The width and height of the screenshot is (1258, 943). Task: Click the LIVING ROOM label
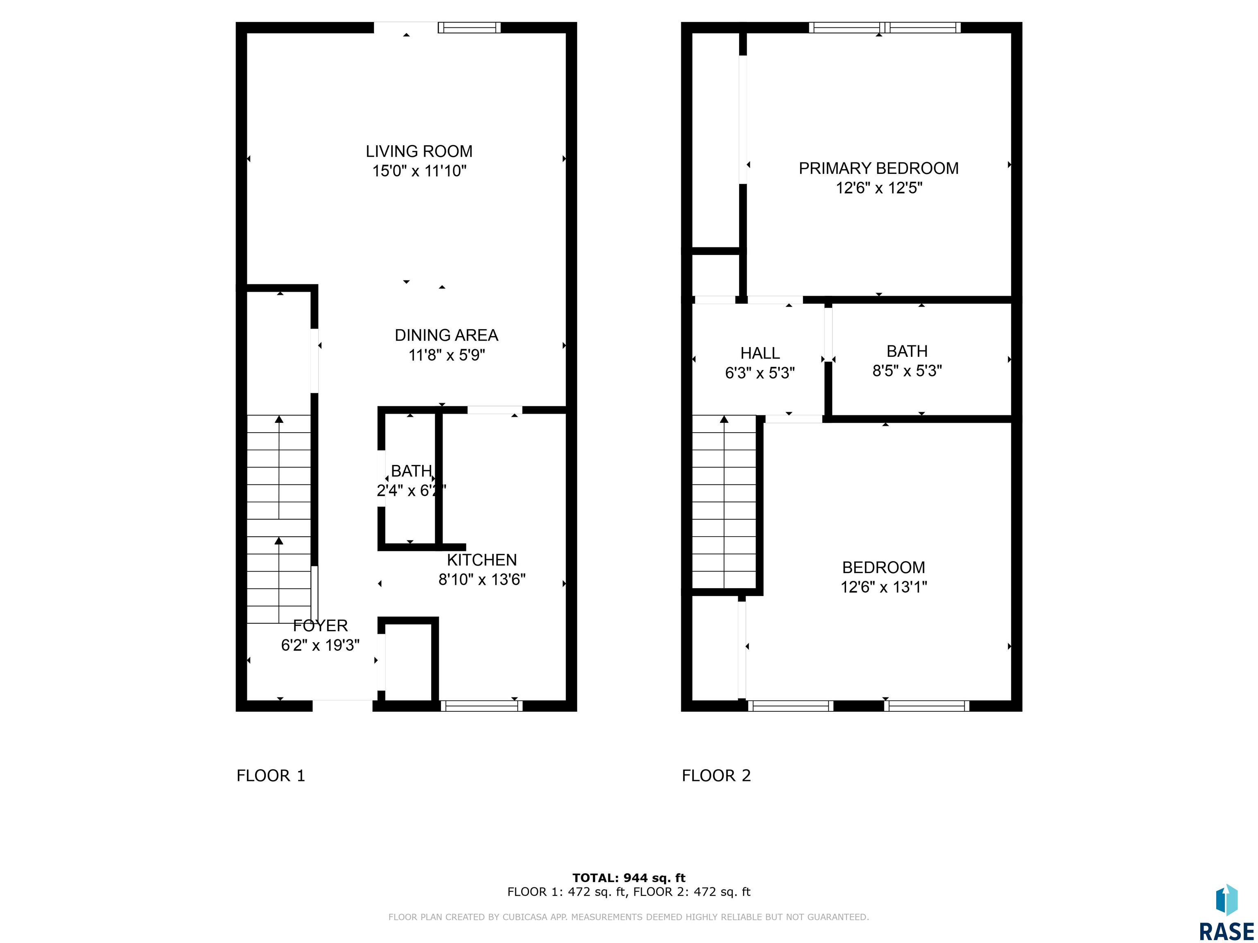tap(419, 151)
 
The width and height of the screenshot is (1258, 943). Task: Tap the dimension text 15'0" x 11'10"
tap(419, 171)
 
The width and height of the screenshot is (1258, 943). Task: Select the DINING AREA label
tap(446, 335)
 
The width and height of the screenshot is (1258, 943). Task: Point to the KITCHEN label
tap(482, 560)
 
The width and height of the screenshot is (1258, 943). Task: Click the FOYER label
tap(320, 625)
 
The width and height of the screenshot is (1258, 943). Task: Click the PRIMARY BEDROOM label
tap(879, 168)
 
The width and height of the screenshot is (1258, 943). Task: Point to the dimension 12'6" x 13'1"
tap(884, 587)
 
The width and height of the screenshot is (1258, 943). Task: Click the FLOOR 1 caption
tap(271, 775)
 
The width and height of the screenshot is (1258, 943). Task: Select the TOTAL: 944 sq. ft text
tap(629, 878)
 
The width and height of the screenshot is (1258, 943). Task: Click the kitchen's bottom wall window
tap(481, 706)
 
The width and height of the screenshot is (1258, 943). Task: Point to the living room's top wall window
tap(469, 28)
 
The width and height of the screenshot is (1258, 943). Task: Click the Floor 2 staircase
tap(724, 502)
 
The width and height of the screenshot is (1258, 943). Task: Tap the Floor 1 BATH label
tap(411, 471)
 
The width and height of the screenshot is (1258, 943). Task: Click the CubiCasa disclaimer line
tap(629, 917)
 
